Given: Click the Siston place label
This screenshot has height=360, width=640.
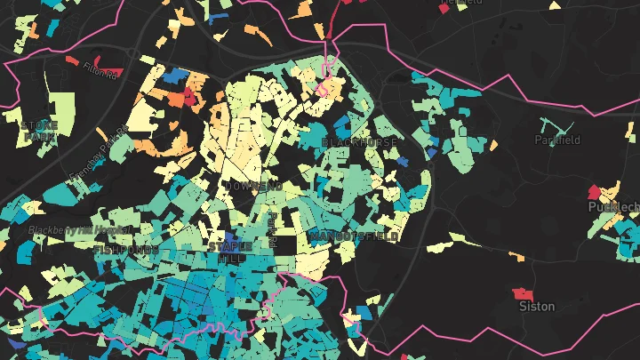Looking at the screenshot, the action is (x=537, y=307).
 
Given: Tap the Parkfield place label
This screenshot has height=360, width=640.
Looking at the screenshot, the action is (x=557, y=140).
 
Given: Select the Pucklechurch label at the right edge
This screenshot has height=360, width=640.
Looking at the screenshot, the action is (x=614, y=207).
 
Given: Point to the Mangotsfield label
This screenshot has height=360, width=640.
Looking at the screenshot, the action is (x=355, y=236).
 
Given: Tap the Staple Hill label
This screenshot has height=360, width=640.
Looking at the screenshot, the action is (x=224, y=250).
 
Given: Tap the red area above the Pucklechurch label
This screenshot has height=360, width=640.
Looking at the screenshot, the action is (x=594, y=191).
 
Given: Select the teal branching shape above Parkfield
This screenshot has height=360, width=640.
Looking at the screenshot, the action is (x=556, y=126).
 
